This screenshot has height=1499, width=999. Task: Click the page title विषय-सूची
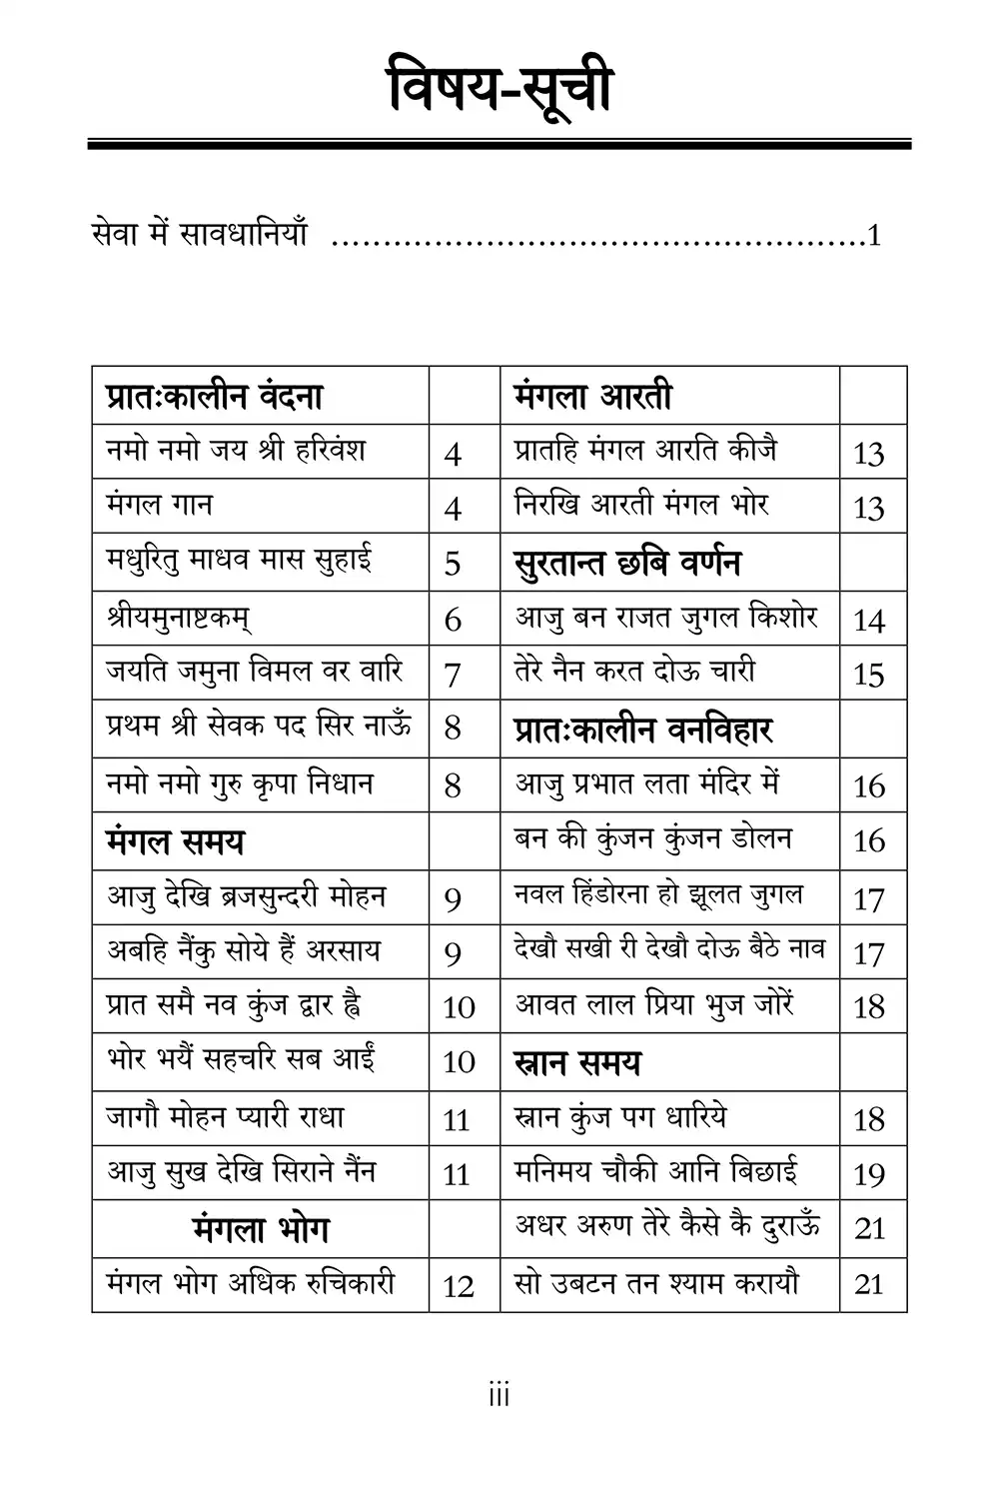click(x=499, y=91)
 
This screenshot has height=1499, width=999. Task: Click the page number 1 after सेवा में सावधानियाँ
click(x=874, y=237)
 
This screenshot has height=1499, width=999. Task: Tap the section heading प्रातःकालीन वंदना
click(x=214, y=397)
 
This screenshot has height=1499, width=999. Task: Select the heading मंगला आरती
click(x=592, y=397)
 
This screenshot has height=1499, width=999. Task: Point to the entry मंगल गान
click(x=159, y=505)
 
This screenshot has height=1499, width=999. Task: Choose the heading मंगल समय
click(x=175, y=841)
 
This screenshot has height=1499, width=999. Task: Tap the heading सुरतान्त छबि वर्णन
click(x=627, y=563)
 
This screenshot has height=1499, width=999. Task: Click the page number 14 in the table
click(x=869, y=621)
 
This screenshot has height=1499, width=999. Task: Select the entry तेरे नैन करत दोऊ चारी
click(x=634, y=671)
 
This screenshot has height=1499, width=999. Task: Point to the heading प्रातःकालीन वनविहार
click(x=643, y=730)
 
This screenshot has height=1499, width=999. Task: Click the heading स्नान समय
click(x=577, y=1062)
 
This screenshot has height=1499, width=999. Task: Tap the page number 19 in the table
click(x=869, y=1174)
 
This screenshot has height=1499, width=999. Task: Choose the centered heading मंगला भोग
click(x=261, y=1229)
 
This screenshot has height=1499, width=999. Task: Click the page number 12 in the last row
click(x=458, y=1286)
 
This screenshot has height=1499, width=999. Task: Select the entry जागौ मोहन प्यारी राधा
click(x=226, y=1116)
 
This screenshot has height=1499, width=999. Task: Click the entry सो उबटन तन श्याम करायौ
click(x=656, y=1282)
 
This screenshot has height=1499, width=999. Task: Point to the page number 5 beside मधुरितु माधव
click(x=453, y=563)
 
